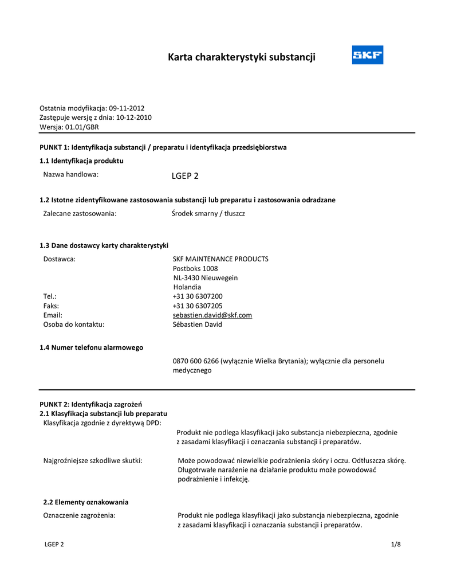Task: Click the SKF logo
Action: (x=367, y=55)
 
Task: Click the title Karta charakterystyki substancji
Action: (x=241, y=57)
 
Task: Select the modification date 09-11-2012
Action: (x=127, y=108)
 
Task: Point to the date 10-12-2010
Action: (x=134, y=118)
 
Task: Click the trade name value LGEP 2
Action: (x=185, y=176)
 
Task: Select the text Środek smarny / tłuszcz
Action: (x=208, y=213)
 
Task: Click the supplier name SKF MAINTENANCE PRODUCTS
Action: (x=220, y=259)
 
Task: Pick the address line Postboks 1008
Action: (x=195, y=268)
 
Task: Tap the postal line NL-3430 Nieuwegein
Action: (x=205, y=278)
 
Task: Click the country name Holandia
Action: (x=187, y=287)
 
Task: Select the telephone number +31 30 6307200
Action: (x=198, y=296)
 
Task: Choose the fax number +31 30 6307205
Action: (x=198, y=306)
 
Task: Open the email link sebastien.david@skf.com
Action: (x=212, y=315)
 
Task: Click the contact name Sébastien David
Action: (x=197, y=324)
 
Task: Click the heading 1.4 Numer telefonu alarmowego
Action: (x=91, y=347)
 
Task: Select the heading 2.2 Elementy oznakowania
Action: (x=86, y=502)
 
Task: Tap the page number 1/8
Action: (x=396, y=545)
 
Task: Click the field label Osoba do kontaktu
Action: (x=74, y=324)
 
